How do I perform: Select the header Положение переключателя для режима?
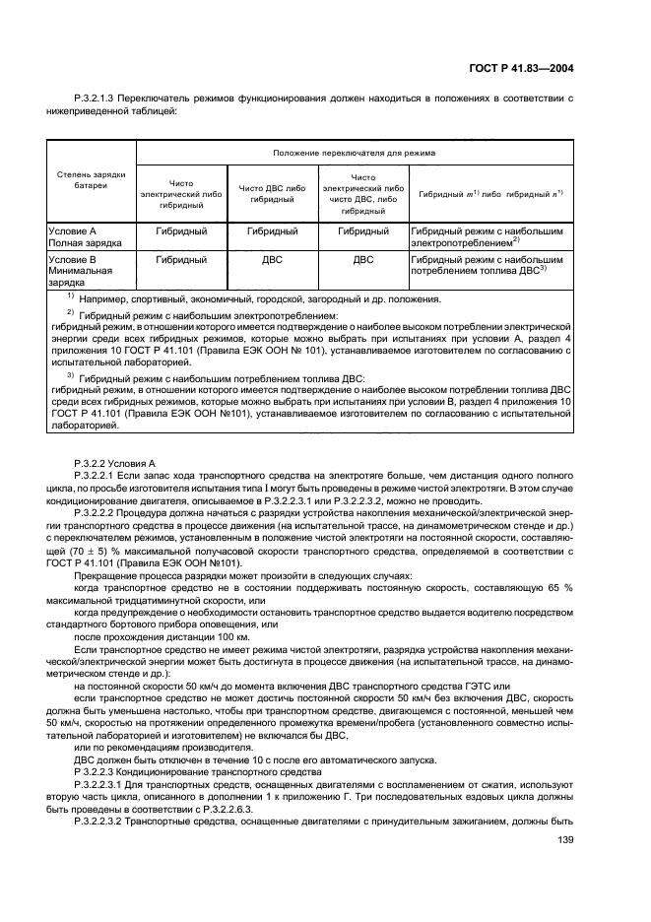[355, 153]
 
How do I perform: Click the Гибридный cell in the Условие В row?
[181, 260]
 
